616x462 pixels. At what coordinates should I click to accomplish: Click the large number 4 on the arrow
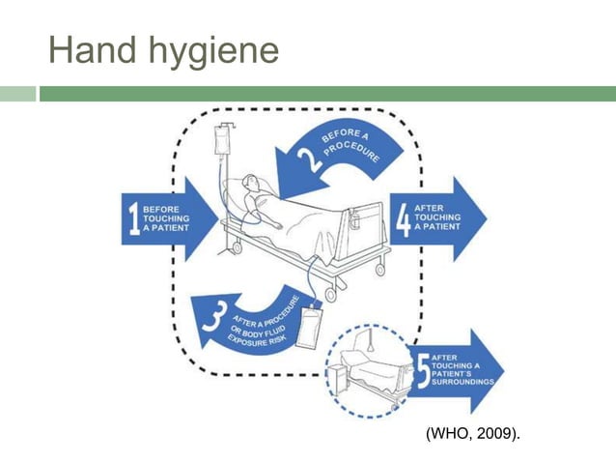coord(403,218)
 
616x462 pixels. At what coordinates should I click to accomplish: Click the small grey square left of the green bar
coord(16,94)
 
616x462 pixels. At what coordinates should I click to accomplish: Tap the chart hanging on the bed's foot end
coord(355,220)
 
